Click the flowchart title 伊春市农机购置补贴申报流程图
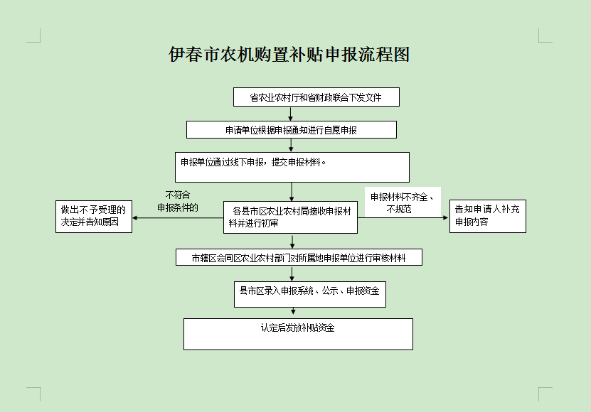[x=289, y=55]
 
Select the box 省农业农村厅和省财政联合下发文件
[x=316, y=97]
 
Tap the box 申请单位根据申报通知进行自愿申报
[x=292, y=129]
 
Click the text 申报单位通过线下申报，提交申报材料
[x=253, y=163]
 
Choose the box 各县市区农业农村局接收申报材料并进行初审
[x=290, y=217]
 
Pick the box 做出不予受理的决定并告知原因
[x=94, y=217]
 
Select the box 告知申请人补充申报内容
[x=488, y=216]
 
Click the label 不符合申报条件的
[x=178, y=201]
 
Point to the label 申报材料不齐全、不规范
[x=402, y=202]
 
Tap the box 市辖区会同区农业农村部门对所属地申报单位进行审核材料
[x=299, y=257]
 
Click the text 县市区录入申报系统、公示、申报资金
[x=309, y=291]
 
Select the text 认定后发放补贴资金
[x=298, y=327]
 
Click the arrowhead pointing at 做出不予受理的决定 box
[x=135, y=217]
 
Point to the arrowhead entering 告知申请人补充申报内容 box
[x=447, y=217]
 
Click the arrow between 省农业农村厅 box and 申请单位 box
[x=290, y=114]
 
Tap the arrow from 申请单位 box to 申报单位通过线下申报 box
[x=291, y=146]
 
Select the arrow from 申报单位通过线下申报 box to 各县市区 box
[x=292, y=192]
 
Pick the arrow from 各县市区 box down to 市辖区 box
[x=292, y=241]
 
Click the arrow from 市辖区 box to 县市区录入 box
[x=292, y=273]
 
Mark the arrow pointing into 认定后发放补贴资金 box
[x=293, y=311]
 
